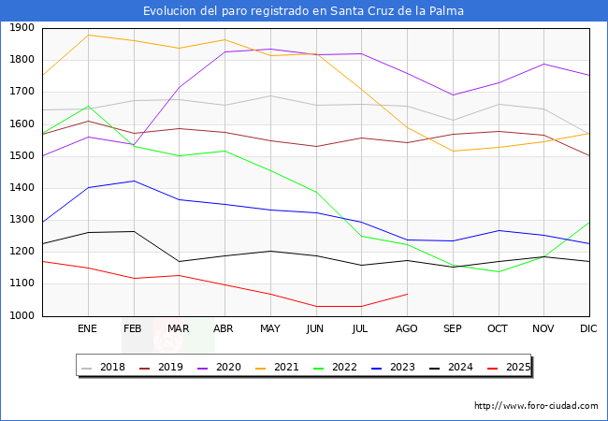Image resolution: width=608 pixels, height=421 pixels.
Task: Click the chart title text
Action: pos(303,11)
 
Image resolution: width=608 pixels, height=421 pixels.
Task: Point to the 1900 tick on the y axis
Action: pos(22,28)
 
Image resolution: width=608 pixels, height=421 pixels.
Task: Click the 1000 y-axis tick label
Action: pos(22,316)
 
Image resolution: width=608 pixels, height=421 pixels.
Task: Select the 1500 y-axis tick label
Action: pos(22,156)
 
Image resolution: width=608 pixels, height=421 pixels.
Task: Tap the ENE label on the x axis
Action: pos(87,329)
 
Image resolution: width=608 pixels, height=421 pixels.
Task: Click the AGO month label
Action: pos(407,329)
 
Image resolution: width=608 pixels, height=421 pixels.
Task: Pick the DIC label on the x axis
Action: pos(588,329)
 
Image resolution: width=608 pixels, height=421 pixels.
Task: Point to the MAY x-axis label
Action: pos(269,329)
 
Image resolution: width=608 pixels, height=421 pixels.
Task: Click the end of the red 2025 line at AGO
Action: pos(407,294)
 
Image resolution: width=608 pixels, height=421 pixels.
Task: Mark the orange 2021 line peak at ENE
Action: pos(88,35)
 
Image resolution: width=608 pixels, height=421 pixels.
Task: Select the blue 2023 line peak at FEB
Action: pos(134,181)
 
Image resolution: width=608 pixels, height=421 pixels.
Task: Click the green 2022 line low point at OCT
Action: pos(498,272)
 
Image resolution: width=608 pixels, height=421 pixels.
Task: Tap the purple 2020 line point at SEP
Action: pos(453,94)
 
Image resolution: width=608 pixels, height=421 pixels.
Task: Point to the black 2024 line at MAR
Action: pos(179,261)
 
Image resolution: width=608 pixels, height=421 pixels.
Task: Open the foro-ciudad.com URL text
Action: pos(536,406)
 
